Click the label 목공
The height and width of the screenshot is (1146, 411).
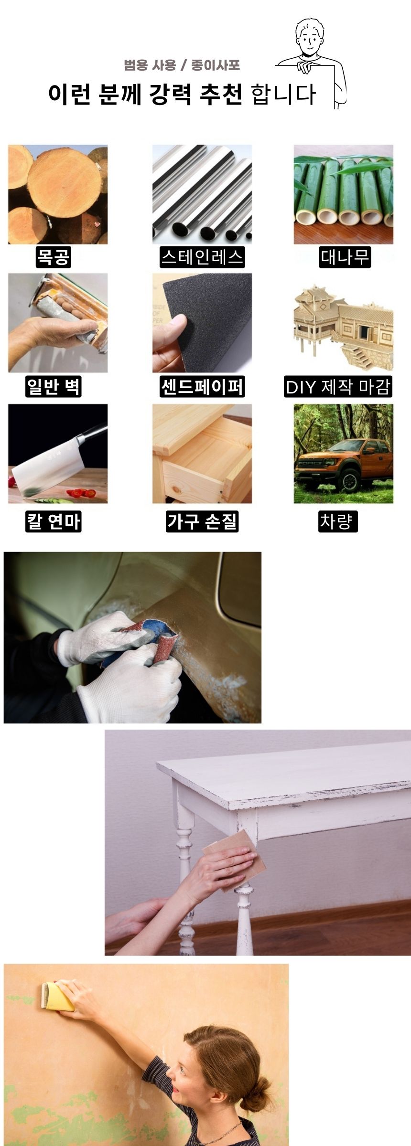tap(54, 257)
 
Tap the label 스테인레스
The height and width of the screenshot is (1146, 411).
tap(202, 257)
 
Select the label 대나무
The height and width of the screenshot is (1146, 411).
tap(345, 257)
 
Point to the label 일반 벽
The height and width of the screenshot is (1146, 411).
tap(54, 386)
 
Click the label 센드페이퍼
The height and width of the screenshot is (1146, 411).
tap(202, 386)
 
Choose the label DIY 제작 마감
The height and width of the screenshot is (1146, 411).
tap(338, 386)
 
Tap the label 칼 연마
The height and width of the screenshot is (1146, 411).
tap(54, 521)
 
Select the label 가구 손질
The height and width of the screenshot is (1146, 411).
tap(202, 521)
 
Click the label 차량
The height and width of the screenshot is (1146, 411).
tap(338, 521)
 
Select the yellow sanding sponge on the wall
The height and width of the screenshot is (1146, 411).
tap(58, 996)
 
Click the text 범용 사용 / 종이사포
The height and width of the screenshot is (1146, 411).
tap(182, 65)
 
